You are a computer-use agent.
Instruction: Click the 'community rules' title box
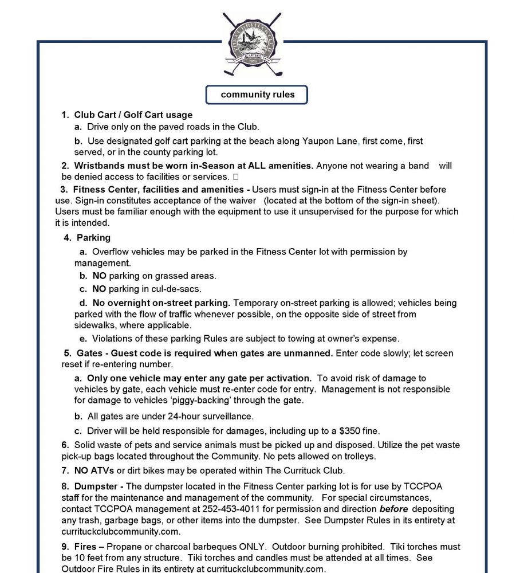(x=258, y=95)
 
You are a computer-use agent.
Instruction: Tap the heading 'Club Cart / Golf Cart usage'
(x=133, y=115)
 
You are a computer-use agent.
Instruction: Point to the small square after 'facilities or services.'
(x=236, y=177)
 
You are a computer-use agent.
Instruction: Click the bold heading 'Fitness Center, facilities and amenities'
(x=150, y=189)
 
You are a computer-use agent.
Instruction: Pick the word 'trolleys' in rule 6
(x=356, y=457)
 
